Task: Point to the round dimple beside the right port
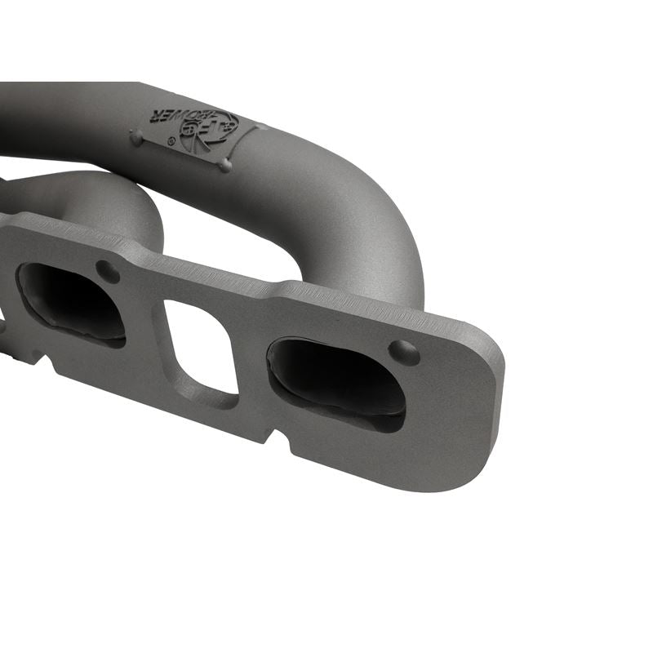403,352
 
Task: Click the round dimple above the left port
107,271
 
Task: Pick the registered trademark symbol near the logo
171,142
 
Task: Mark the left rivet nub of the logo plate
135,140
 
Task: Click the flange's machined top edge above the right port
359,300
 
